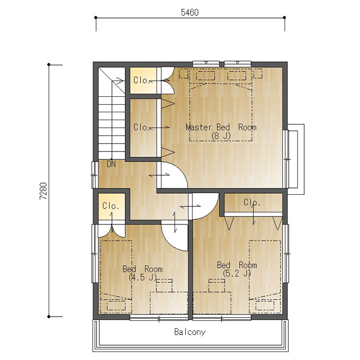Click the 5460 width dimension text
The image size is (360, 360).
coord(190,12)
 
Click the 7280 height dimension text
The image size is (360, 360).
coord(43,191)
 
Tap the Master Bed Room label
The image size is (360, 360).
coord(221,127)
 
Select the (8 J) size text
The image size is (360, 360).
coord(221,136)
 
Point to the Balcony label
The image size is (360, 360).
coord(190,332)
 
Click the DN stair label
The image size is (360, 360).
coord(112,164)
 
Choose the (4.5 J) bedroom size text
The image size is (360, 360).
coord(142,277)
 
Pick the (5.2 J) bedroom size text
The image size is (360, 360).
coord(237,274)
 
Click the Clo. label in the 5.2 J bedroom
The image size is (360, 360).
coord(252,202)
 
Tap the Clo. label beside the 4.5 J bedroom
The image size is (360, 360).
coord(111,206)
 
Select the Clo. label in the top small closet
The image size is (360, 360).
coord(142,80)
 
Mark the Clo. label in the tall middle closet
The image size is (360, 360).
coord(142,127)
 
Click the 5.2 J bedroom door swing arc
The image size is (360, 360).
coord(211,212)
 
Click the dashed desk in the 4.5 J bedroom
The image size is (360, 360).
coord(169,303)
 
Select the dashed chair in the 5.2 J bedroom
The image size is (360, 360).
coord(217,285)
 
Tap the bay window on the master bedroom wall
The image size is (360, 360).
coord(296,159)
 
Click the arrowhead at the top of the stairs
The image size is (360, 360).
coord(120,81)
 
